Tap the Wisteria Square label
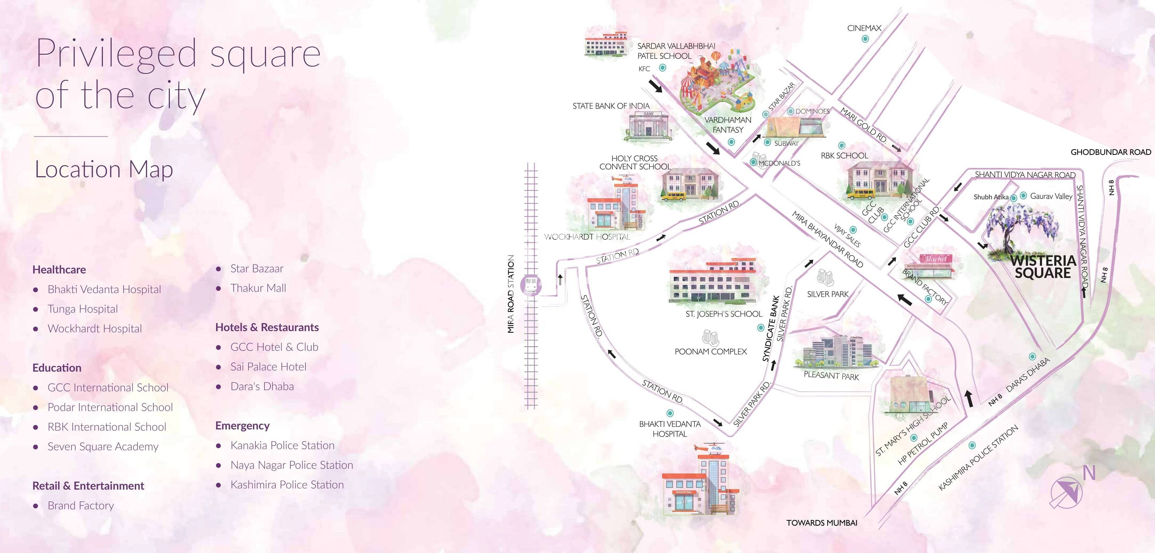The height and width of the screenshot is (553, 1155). pos(1043,267)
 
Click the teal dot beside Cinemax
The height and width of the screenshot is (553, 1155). pos(865,39)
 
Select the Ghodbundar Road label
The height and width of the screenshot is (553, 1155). pos(1111,152)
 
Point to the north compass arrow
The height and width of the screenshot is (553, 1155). pos(1066,492)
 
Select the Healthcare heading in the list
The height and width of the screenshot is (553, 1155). pos(59,270)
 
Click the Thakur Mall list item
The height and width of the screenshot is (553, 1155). pos(258,288)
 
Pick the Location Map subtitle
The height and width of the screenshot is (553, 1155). pos(104,169)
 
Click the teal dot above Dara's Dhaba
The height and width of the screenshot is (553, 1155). pos(1032,356)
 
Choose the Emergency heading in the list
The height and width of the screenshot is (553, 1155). pos(242,426)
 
